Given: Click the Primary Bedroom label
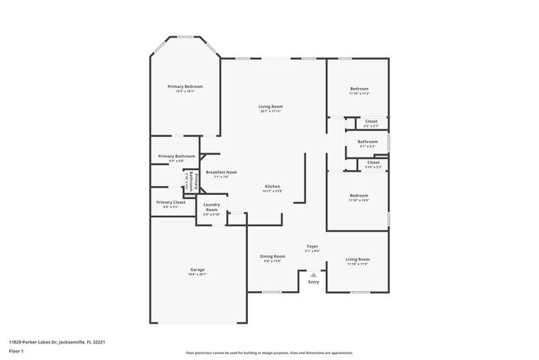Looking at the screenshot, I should tap(185, 86).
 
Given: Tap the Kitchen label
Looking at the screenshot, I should tap(273, 186).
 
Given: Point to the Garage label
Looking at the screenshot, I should tap(197, 270).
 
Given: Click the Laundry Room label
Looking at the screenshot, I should tap(211, 207).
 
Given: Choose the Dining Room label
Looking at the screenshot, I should tap(274, 256).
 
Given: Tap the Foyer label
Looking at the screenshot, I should tap(313, 246).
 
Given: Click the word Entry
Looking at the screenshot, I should tap(313, 282).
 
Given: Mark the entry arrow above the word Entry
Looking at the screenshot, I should tap(313, 274).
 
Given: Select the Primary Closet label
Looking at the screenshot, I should tap(170, 202).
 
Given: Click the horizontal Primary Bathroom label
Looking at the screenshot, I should tap(177, 156).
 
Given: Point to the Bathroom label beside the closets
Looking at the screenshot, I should tap(367, 142).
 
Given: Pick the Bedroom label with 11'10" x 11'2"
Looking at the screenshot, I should tap(359, 89).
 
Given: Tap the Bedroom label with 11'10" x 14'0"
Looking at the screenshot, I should tap(358, 196).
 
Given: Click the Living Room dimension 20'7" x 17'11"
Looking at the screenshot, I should tap(271, 110).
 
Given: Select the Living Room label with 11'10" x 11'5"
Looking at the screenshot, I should tap(357, 260).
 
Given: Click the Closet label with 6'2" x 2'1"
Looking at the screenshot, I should tap(371, 121).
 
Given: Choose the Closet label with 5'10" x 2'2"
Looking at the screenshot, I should tap(373, 163).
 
